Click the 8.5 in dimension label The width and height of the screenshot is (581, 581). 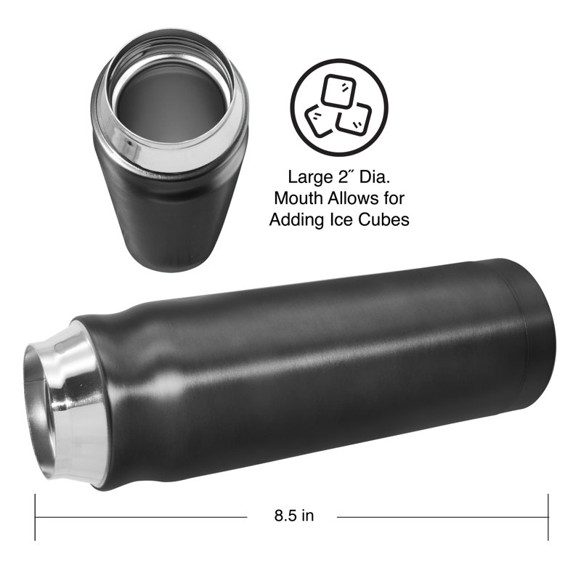coord(294,516)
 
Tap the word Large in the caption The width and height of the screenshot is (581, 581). coord(310,178)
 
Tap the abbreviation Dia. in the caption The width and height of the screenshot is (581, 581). coord(375,177)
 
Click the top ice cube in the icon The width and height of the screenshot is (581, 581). coord(338,91)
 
